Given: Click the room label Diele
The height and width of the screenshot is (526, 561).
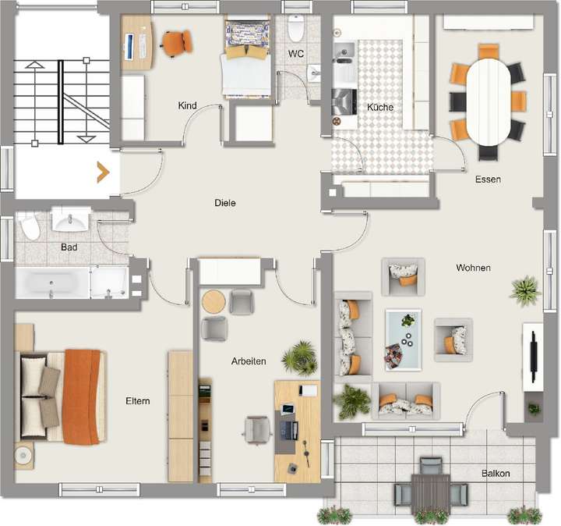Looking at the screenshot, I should [x=225, y=203].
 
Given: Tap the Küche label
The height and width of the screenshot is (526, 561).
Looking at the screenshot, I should [x=380, y=108].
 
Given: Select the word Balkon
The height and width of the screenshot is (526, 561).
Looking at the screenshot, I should [x=496, y=474].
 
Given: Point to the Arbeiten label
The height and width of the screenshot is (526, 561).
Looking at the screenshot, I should [x=249, y=361].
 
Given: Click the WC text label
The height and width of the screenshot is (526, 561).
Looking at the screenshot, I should [x=295, y=54].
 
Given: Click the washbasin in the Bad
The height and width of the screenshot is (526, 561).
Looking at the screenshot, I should [x=71, y=222].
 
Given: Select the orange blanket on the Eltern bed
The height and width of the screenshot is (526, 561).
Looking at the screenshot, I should [x=83, y=396].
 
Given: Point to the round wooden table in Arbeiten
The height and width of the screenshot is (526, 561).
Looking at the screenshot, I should [x=213, y=300].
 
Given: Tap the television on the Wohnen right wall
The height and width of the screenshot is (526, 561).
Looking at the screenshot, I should [x=534, y=356].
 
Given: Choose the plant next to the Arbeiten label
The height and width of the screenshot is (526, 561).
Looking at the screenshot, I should [x=299, y=358].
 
